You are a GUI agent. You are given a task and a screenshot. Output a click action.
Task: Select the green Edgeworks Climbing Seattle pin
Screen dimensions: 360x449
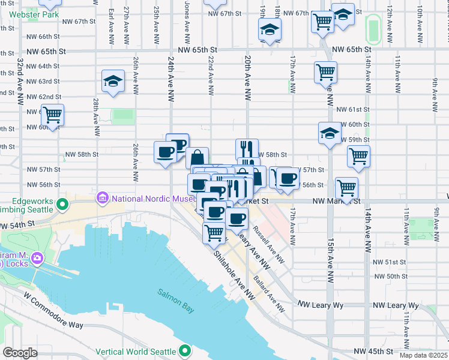(x=61, y=205)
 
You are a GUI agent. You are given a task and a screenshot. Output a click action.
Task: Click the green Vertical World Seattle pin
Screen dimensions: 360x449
(x=185, y=351)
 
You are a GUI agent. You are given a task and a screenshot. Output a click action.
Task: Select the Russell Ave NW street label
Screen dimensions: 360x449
(x=268, y=245)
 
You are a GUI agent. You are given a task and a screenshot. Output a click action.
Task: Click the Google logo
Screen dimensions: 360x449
(x=20, y=353)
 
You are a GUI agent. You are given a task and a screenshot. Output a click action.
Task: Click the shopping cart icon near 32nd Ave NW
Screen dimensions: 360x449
(x=52, y=114)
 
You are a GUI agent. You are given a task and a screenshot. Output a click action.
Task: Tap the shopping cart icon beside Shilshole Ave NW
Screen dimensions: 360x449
(x=214, y=232)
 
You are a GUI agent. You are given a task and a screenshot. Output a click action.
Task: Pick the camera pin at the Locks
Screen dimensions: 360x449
(x=37, y=259)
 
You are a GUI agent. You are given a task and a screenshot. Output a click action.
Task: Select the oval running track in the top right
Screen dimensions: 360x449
(x=373, y=29)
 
